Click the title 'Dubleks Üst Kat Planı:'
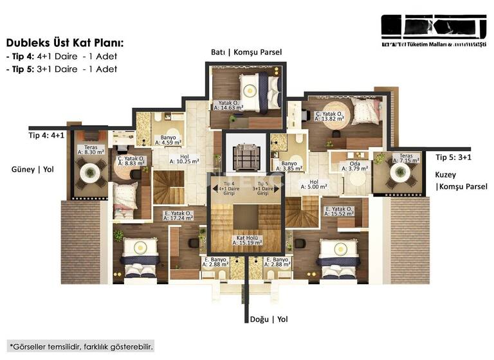coord(64,43)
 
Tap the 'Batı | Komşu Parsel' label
coord(246,52)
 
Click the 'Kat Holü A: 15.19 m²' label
coord(246,241)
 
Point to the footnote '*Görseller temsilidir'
coord(81,346)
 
